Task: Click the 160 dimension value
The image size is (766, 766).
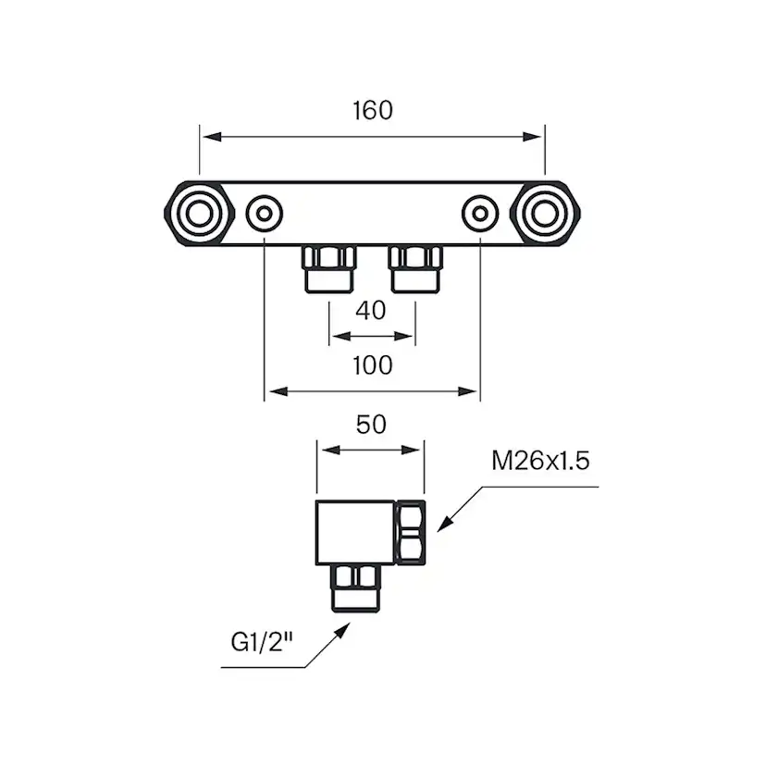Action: [373, 109]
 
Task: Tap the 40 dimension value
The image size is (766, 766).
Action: [371, 310]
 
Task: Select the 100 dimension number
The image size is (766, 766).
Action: [373, 364]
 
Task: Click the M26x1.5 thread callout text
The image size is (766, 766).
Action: [540, 461]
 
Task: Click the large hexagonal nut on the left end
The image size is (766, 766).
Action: [197, 214]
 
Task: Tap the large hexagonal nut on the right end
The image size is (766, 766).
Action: [549, 214]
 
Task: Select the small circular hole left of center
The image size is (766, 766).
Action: [266, 214]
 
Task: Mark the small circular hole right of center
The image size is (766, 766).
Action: [479, 214]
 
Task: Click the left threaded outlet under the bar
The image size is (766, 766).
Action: [328, 267]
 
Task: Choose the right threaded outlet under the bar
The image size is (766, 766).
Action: [415, 267]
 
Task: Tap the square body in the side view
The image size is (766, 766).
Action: [355, 532]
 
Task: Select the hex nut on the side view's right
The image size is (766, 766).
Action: [411, 532]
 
